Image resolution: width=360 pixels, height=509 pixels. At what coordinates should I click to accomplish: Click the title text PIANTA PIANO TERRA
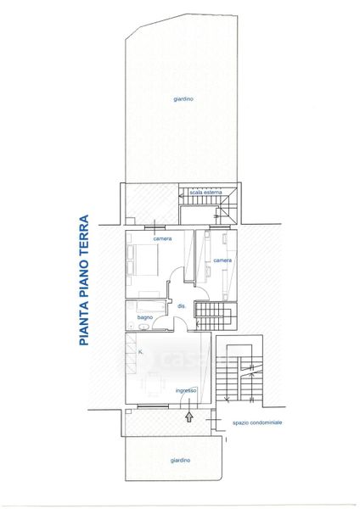84,280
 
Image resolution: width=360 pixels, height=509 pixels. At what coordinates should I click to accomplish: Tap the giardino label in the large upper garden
183,99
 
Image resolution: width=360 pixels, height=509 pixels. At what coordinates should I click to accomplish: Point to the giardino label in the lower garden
180,461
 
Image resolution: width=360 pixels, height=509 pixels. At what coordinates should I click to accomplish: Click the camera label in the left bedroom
162,238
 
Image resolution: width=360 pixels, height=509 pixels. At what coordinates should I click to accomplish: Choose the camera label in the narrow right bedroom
223,260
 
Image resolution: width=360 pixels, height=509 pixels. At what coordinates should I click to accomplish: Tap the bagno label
145,317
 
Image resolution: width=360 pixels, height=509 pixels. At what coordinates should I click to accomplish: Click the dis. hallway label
182,305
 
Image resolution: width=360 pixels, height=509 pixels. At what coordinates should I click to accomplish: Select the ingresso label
186,390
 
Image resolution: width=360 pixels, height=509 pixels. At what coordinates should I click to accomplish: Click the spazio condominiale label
257,422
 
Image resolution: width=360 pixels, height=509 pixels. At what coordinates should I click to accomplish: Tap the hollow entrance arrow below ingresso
188,417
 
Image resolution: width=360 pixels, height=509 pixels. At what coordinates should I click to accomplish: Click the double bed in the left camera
146,260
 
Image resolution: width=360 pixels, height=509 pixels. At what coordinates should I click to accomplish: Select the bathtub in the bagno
151,307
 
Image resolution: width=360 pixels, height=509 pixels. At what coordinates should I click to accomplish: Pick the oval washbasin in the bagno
143,327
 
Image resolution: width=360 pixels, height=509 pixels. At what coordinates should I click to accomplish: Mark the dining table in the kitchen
154,384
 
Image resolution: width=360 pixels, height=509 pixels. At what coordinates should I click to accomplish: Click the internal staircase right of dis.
216,316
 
